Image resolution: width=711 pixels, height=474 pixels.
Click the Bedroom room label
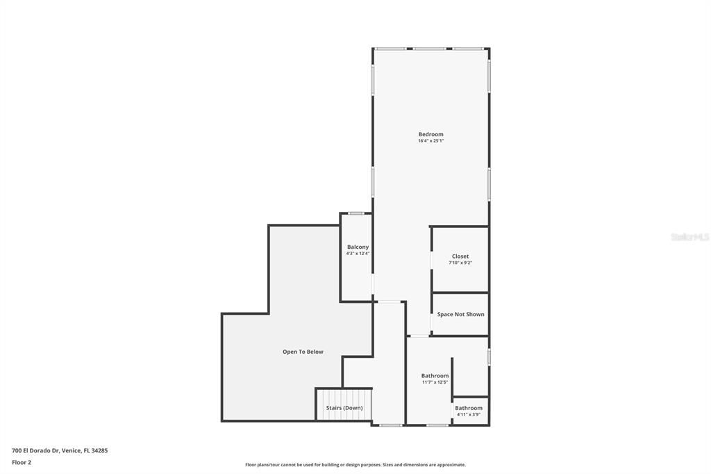[430, 134]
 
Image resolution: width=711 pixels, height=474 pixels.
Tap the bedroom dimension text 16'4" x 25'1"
[430, 141]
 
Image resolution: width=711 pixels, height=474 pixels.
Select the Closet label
[460, 256]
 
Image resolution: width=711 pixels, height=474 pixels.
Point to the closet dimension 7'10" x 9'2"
[460, 263]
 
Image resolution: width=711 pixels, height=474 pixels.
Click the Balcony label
[358, 247]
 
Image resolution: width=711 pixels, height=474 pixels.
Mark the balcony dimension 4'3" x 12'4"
[358, 254]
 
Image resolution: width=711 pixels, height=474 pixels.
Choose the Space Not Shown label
[460, 314]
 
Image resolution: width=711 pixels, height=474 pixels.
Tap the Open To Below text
[303, 352]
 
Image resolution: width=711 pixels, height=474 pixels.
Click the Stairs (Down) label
[344, 408]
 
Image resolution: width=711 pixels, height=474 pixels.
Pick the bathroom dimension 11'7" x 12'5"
[435, 382]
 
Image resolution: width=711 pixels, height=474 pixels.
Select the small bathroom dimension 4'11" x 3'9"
[469, 415]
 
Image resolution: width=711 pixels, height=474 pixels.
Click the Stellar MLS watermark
[689, 237]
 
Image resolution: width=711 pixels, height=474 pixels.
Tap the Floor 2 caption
[22, 462]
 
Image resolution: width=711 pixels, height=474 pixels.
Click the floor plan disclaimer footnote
[355, 465]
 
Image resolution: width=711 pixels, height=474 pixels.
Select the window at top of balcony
[356, 213]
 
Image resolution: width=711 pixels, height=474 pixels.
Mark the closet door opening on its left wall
[431, 260]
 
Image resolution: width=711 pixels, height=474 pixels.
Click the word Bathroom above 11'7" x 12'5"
[435, 376]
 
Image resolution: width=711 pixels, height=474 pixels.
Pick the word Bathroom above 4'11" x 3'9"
[469, 408]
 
